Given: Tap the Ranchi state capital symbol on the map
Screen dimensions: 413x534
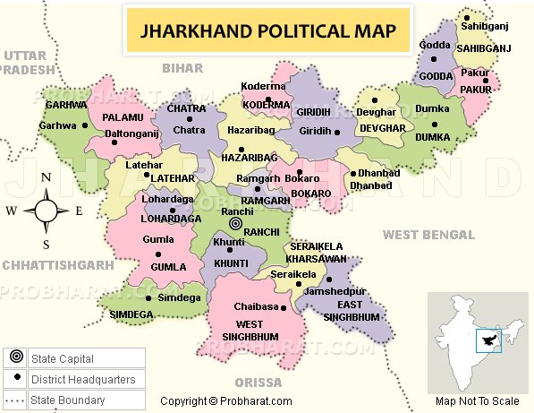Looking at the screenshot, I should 236,223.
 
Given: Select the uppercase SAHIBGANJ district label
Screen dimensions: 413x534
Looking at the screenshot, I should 484,47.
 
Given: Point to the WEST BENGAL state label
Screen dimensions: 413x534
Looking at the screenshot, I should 428,235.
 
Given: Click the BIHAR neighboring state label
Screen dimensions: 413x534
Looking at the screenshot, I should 182,67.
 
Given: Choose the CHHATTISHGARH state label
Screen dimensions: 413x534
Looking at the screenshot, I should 57,265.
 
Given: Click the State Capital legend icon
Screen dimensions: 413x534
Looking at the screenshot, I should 15,359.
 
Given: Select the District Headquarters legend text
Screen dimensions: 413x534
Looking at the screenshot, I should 82,380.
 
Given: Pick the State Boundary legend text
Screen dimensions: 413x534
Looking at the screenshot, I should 67,400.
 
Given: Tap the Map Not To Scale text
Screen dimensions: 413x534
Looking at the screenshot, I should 477,401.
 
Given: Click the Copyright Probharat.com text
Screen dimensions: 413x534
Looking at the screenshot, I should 226,401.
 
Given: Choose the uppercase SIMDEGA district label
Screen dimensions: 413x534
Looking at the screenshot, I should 132,314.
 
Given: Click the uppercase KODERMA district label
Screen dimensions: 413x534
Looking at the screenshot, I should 267,105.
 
